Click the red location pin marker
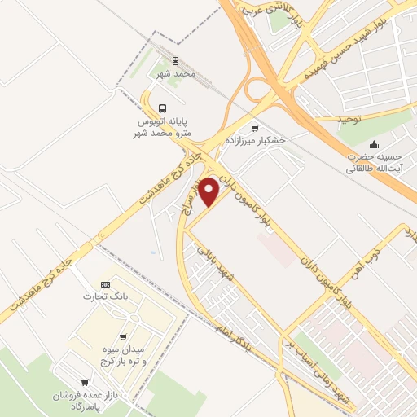[x=210, y=191]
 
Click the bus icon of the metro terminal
[x=163, y=108]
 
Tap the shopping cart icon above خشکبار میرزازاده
[x=257, y=128]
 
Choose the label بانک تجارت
[x=102, y=296]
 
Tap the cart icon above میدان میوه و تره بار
[x=122, y=337]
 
